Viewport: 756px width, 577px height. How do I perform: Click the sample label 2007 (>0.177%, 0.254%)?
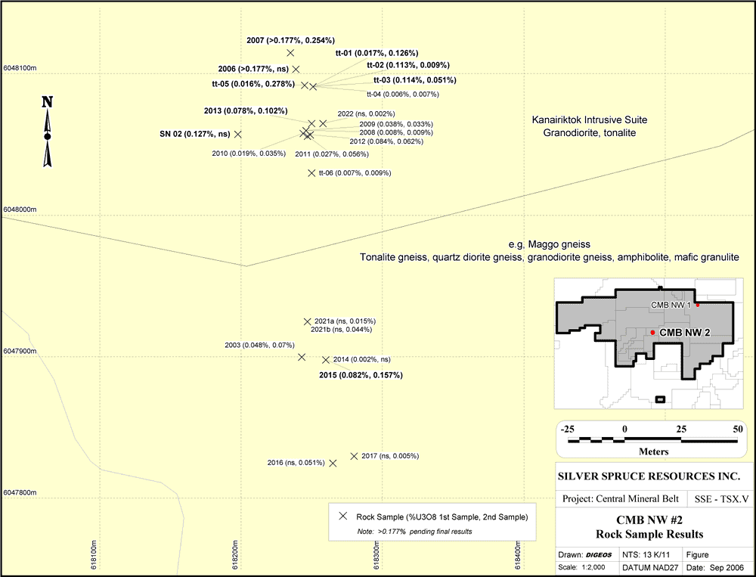[291, 41]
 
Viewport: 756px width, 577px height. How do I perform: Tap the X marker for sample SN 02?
[237, 134]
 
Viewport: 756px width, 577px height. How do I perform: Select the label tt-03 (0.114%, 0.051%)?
[414, 80]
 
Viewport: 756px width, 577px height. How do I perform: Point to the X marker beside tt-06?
[312, 172]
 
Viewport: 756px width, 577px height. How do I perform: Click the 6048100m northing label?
[20, 68]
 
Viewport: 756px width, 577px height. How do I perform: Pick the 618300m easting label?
[376, 555]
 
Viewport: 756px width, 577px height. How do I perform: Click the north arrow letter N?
[47, 102]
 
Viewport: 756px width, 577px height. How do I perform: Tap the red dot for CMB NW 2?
[652, 333]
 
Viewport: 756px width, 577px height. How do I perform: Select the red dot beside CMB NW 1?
[697, 305]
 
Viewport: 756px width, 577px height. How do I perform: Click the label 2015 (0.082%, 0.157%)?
[361, 375]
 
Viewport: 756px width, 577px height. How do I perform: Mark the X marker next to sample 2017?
[354, 456]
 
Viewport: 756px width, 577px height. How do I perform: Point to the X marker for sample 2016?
[333, 463]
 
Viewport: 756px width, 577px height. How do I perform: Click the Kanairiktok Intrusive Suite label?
[590, 119]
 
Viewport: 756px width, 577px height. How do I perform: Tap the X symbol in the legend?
[342, 517]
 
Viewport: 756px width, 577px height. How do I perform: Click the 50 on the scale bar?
[738, 429]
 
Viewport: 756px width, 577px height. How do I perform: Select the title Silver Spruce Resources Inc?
[649, 476]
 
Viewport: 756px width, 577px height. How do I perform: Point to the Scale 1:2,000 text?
[581, 567]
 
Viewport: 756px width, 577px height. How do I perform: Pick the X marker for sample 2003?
[302, 357]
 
